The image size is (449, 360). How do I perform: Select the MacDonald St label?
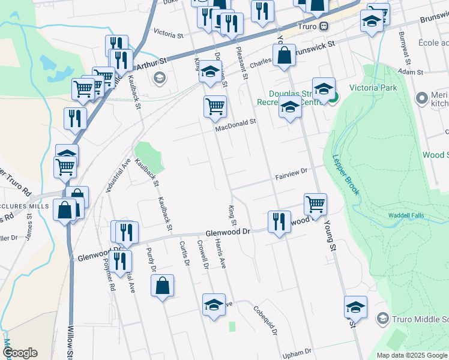[237, 121]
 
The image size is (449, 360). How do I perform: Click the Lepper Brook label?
[346, 175]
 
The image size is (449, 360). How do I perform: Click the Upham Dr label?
[298, 353]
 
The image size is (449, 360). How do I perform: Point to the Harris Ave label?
[220, 254]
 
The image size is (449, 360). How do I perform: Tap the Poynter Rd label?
[109, 275]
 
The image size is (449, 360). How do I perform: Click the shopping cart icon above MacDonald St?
[214, 107]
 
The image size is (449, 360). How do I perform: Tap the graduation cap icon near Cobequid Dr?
[213, 304]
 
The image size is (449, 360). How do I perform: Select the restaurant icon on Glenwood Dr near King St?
[279, 221]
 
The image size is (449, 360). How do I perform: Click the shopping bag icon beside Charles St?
[284, 56]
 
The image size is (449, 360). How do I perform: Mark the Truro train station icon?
[324, 26]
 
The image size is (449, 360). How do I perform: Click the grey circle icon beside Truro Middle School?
[382, 317]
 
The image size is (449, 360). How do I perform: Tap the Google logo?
[20, 353]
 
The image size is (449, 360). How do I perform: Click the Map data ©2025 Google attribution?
[412, 355]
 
